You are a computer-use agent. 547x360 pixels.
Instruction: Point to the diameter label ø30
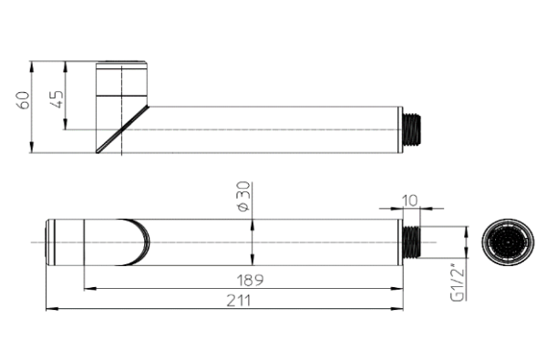tap(243, 197)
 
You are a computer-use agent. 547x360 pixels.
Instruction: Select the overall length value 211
tap(243, 300)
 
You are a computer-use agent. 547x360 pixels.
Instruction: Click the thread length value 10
tap(409, 198)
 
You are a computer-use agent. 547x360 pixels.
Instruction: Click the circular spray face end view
tap(502, 242)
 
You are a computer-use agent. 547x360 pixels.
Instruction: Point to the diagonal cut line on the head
tap(123, 129)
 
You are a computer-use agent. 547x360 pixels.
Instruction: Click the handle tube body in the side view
tap(273, 129)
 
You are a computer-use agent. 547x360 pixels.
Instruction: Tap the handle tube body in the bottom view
tap(319, 242)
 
